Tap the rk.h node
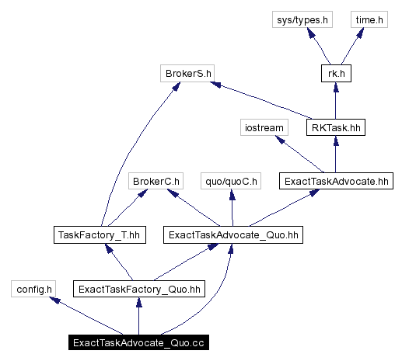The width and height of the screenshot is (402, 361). (x=334, y=75)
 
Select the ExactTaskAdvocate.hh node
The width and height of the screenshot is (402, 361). (x=334, y=182)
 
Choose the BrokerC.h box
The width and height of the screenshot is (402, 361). (x=156, y=182)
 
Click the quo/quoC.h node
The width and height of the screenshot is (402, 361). (x=229, y=182)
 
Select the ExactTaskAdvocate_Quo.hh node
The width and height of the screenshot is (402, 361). (x=219, y=234)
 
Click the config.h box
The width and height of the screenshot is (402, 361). (x=33, y=289)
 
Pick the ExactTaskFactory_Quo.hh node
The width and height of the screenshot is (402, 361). (x=138, y=289)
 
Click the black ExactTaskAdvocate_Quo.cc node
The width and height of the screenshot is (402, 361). (x=138, y=342)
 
